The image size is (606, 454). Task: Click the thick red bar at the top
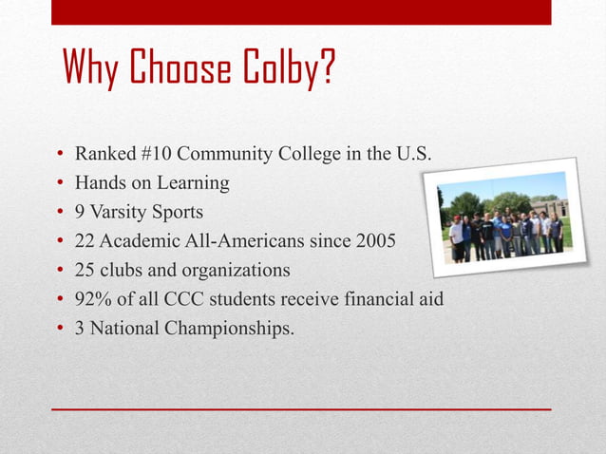[x=301, y=11]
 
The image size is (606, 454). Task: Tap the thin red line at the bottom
[x=301, y=408]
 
